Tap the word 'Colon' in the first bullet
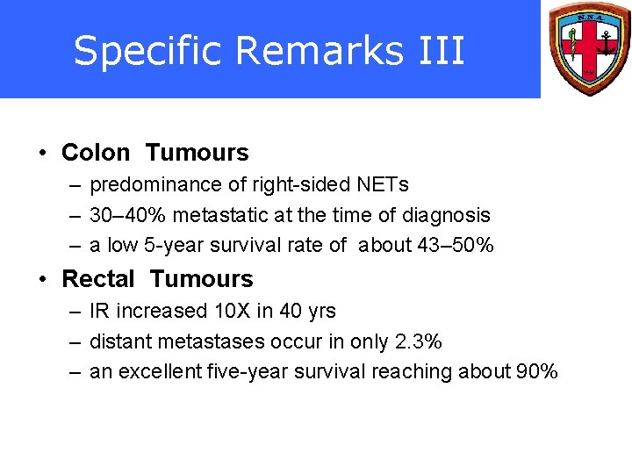click(x=95, y=153)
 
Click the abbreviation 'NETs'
click(x=383, y=184)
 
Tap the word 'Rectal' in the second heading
click(x=97, y=279)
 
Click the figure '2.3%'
click(x=419, y=341)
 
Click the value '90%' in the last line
click(x=536, y=372)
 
